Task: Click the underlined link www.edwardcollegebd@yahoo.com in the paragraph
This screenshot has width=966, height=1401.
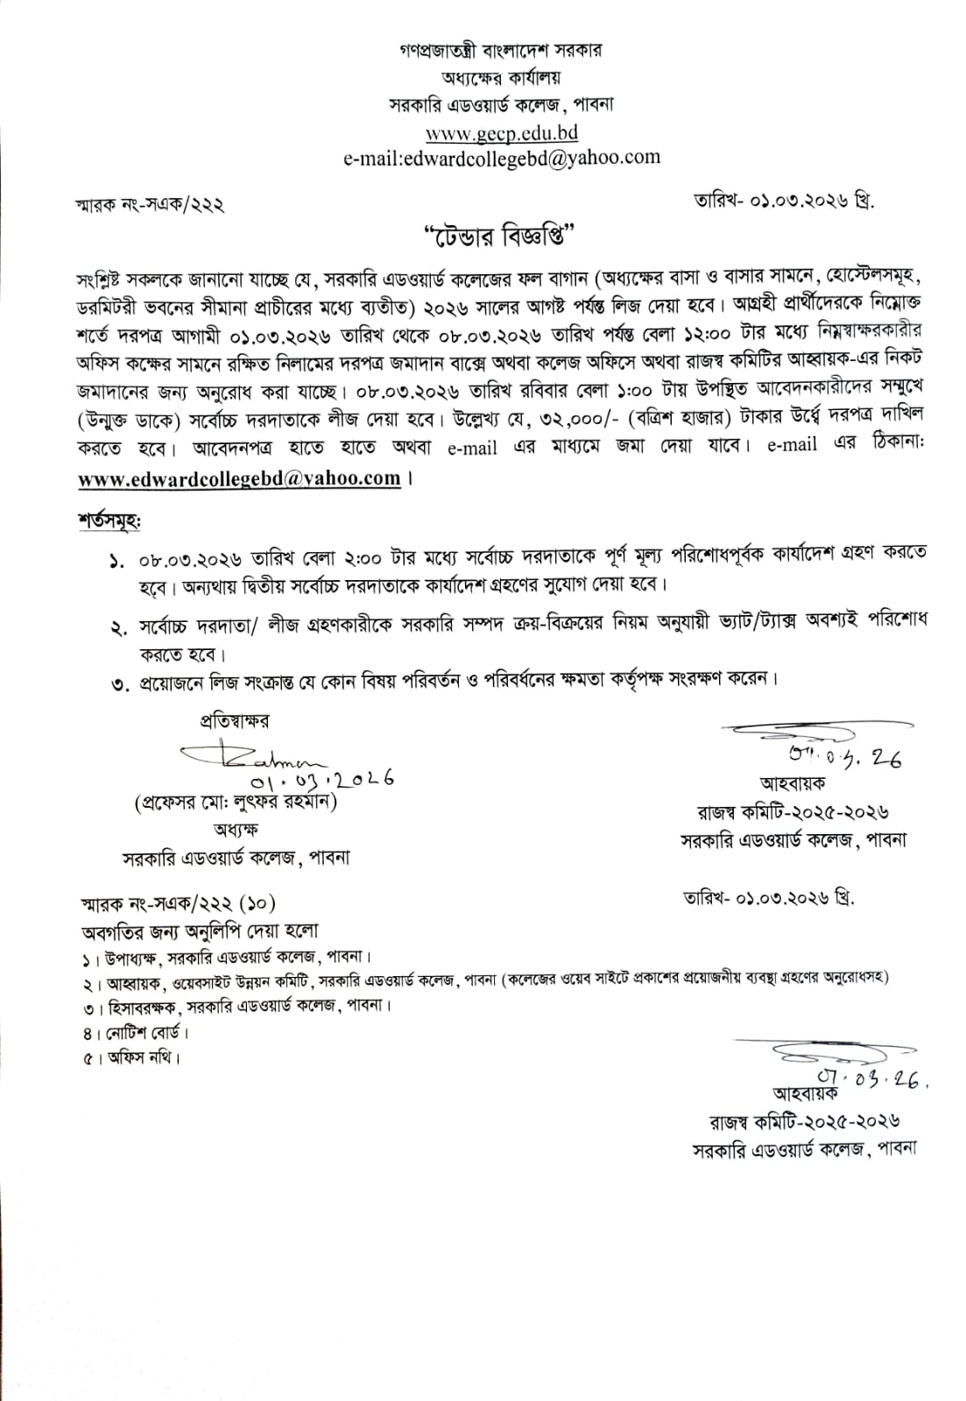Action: (239, 479)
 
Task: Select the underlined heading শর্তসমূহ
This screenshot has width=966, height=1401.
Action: (109, 520)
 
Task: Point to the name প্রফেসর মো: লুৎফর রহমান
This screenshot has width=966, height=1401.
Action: (236, 801)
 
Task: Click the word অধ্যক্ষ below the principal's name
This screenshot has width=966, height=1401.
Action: (236, 829)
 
